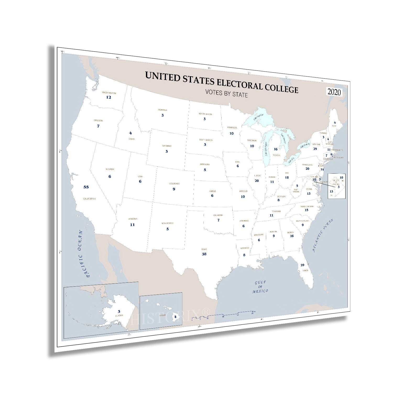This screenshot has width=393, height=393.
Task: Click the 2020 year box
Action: point(334,92)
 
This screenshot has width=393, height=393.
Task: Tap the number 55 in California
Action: point(86,187)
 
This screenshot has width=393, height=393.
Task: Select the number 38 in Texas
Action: point(204,254)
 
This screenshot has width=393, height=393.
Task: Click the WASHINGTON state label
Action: point(109,93)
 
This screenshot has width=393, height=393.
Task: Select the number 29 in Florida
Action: point(302,265)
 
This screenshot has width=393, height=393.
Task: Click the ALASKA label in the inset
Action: point(119,316)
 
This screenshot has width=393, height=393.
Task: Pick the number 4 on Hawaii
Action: point(175,316)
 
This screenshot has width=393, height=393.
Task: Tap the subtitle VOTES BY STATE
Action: point(226,93)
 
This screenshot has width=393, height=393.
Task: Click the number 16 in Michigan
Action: point(275,149)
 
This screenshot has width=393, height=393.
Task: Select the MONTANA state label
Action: point(162,110)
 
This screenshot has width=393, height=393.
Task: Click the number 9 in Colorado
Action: point(174,189)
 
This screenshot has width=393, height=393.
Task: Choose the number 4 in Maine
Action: point(335,122)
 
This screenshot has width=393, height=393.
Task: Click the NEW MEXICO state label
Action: point(167,223)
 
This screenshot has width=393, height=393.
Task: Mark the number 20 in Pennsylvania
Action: point(307,168)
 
